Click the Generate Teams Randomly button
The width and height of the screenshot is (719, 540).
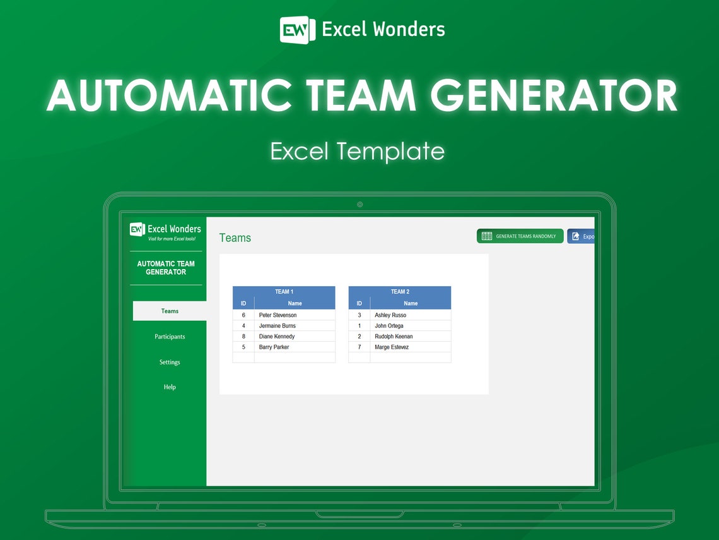(x=520, y=236)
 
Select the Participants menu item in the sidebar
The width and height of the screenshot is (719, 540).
(x=170, y=337)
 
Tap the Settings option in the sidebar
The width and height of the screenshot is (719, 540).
(x=170, y=363)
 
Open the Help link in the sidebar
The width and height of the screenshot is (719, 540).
(x=170, y=387)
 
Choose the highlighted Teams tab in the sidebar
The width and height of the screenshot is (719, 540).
(x=170, y=311)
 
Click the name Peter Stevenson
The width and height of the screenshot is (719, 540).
(x=278, y=315)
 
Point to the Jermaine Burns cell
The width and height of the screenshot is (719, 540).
(x=277, y=326)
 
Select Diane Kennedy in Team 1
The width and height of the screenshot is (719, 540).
(x=276, y=337)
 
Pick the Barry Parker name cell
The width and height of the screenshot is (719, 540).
(x=274, y=347)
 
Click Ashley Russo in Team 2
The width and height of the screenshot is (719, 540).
(x=390, y=315)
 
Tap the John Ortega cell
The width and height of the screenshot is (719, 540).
(x=389, y=326)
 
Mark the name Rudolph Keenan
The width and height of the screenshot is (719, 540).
(x=394, y=337)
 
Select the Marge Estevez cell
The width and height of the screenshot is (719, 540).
(x=392, y=347)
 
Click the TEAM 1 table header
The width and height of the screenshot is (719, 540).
(x=284, y=292)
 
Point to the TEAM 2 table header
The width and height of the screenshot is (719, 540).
(x=400, y=292)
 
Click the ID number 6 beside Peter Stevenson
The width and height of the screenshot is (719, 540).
(x=243, y=315)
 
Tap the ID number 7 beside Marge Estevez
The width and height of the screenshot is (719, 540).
(x=359, y=347)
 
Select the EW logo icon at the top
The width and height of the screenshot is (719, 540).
(x=297, y=30)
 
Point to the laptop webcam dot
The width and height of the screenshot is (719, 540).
(x=359, y=205)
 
